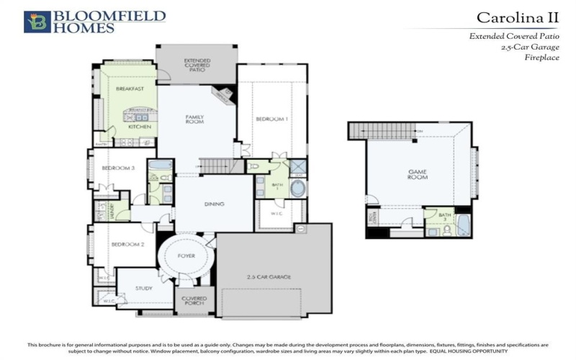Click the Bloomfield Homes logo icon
click(x=33, y=22)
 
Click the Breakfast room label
click(x=130, y=89)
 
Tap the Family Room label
click(x=194, y=120)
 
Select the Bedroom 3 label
click(x=117, y=168)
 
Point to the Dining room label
click(x=214, y=204)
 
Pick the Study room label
click(x=144, y=289)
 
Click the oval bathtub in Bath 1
click(x=298, y=188)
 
